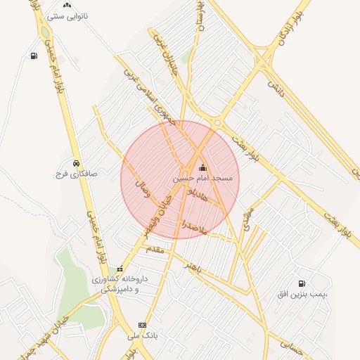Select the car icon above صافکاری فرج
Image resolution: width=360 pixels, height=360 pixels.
tap(75, 162)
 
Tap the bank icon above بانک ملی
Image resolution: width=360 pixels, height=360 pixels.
tap(143, 325)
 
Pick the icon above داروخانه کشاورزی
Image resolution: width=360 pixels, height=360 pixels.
tap(120, 268)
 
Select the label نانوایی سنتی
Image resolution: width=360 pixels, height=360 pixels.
tap(66, 14)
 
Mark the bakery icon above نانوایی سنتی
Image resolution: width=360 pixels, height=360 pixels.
tap(67, 4)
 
